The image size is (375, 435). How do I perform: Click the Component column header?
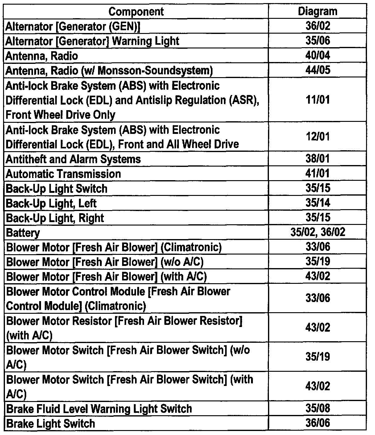click(136, 12)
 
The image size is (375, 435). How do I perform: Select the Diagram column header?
click(317, 12)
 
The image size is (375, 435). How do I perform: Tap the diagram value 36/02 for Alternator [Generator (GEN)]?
click(318, 26)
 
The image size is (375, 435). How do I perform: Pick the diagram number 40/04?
click(318, 56)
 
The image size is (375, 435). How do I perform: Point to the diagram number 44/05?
click(318, 70)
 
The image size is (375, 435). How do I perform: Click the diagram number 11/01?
click(318, 100)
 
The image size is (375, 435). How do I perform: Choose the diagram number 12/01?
click(318, 137)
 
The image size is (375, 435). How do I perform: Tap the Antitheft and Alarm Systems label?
click(73, 159)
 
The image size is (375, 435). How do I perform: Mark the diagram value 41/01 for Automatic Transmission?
click(318, 173)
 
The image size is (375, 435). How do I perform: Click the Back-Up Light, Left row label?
click(51, 204)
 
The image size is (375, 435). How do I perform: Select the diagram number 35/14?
click(318, 203)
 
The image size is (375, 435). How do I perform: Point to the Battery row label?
click(23, 233)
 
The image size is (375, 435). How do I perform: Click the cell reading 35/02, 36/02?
click(318, 232)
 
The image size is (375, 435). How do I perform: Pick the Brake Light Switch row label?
click(51, 424)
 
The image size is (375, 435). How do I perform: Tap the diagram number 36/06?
click(318, 423)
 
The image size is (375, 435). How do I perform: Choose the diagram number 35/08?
click(318, 408)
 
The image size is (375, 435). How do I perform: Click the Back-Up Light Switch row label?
click(56, 189)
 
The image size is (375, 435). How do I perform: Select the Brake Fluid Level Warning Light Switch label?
click(99, 409)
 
